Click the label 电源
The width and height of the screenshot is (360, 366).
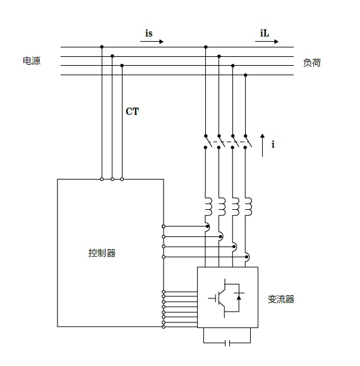[32, 61]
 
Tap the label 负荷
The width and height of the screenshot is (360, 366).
[312, 63]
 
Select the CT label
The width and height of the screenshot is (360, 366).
[132, 111]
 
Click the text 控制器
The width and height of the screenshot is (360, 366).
[102, 253]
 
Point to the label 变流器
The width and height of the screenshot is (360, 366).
[281, 299]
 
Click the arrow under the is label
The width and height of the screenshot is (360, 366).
[152, 42]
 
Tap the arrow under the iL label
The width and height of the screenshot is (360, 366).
[267, 42]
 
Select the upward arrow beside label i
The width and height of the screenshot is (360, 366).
[262, 145]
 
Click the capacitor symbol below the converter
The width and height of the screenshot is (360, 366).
[227, 343]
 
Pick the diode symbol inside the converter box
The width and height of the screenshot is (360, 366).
[239, 297]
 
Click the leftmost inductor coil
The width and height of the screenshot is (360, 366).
[208, 207]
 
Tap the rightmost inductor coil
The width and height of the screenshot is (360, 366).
[248, 207]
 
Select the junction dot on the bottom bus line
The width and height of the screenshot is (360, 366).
[245, 75]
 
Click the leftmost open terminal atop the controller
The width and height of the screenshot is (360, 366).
[102, 180]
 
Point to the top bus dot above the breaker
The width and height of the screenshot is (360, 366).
[206, 47]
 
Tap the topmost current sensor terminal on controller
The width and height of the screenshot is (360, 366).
[164, 226]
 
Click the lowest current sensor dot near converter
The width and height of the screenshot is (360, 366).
[247, 257]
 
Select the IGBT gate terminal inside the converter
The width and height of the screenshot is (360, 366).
[212, 298]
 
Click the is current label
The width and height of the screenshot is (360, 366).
[149, 33]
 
